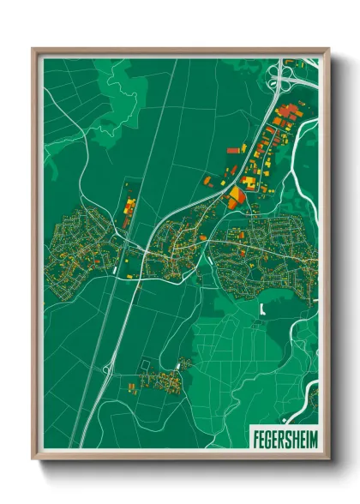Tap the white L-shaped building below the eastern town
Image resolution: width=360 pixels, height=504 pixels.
(261, 308)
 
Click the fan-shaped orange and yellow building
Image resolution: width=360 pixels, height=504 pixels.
(234, 198)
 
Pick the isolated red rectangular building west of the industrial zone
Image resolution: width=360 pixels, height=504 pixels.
(231, 149)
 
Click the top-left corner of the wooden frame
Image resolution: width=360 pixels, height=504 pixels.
(34, 50)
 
